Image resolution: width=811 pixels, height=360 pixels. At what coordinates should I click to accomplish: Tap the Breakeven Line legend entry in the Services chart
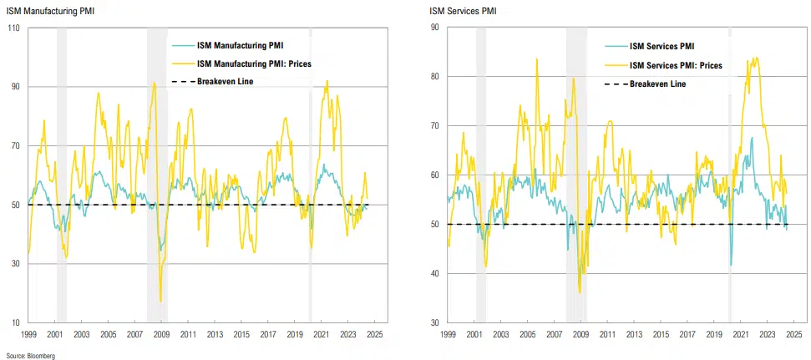(657, 84)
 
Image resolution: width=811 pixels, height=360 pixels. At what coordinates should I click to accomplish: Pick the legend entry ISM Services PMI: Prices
(675, 64)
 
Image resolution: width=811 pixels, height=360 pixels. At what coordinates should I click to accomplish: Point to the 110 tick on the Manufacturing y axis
(14, 28)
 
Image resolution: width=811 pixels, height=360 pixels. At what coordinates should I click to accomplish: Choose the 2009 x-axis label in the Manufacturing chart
(160, 333)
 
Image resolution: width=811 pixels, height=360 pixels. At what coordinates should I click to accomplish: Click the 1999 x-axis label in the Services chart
(448, 333)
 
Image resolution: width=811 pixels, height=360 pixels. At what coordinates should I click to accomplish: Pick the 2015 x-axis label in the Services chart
(661, 333)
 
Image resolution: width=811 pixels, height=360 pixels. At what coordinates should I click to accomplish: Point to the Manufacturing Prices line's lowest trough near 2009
(160, 302)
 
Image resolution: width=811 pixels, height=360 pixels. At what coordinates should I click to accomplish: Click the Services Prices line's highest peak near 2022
(756, 58)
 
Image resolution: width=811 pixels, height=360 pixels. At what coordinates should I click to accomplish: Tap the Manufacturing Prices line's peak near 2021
(327, 81)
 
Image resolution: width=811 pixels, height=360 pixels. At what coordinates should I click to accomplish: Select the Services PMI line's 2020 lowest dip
(732, 265)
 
